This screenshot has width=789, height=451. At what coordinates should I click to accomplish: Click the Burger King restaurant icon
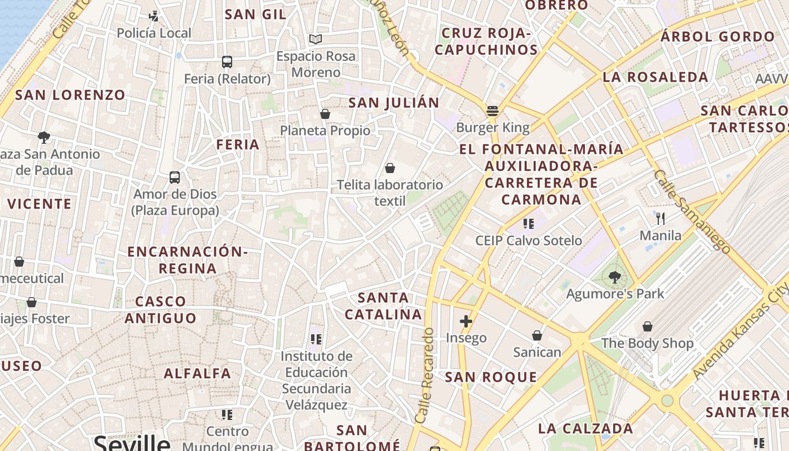(x=493, y=110)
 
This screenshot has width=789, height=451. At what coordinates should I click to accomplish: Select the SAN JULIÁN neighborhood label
(x=393, y=103)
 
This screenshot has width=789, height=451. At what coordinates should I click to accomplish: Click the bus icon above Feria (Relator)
(x=227, y=61)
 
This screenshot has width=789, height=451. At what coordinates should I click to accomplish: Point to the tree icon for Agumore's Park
(x=615, y=277)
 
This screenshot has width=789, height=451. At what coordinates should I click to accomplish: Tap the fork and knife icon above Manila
(x=661, y=218)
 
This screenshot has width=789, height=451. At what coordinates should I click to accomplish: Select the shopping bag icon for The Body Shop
(x=648, y=326)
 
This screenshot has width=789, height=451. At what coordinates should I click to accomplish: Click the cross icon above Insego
(x=466, y=321)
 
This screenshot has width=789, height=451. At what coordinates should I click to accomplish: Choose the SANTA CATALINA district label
(x=383, y=306)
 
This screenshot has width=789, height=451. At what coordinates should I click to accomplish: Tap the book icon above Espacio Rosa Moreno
(x=316, y=39)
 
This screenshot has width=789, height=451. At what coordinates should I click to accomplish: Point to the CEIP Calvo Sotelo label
(x=528, y=241)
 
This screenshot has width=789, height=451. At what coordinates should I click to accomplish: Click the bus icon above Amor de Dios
(x=175, y=177)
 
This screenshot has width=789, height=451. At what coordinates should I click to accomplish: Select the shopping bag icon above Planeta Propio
(x=325, y=114)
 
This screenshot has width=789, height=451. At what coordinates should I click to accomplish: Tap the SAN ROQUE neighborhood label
(x=491, y=377)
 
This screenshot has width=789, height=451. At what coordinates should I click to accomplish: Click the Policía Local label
(x=154, y=33)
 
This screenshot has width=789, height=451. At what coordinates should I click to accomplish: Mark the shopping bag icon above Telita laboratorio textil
(x=389, y=167)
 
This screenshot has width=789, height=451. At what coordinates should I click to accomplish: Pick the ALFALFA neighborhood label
(x=197, y=373)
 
